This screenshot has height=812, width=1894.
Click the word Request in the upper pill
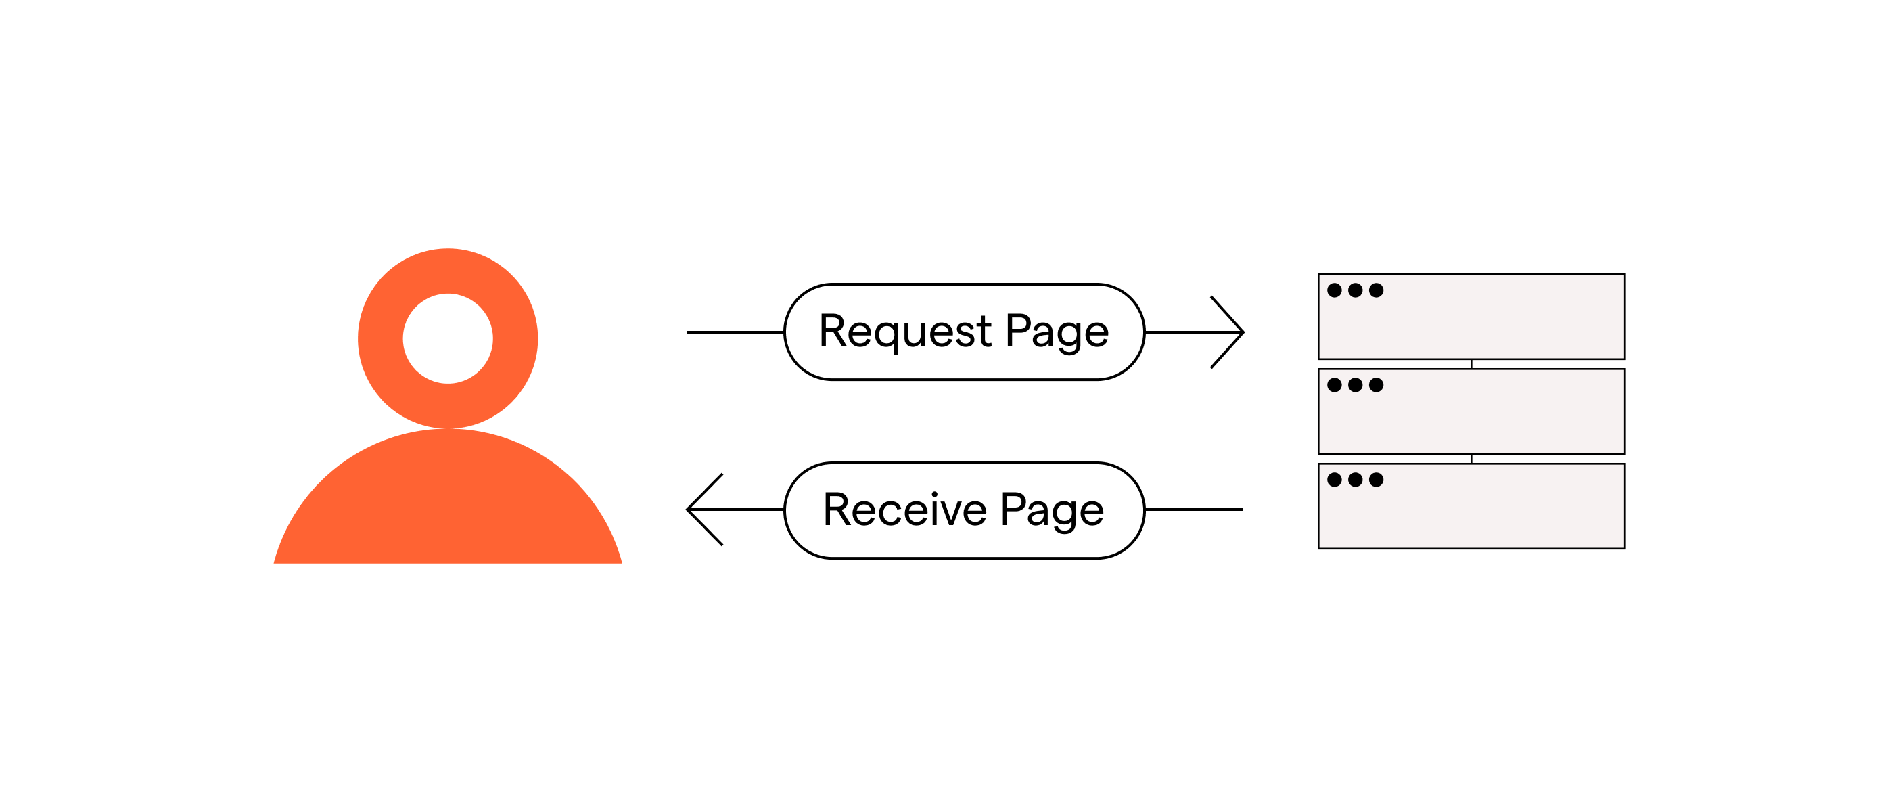tap(905, 332)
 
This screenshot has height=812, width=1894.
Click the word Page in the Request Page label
tap(1057, 332)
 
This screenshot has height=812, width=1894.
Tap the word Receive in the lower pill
tap(905, 509)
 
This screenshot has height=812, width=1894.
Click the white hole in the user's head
tap(448, 338)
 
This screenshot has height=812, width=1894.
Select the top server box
tap(1471, 317)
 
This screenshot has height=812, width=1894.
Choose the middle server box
tap(1471, 411)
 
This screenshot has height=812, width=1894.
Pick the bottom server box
tap(1471, 506)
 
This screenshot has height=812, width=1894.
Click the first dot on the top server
tap(1335, 290)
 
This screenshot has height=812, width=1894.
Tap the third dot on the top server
tap(1377, 290)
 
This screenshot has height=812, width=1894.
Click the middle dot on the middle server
tap(1355, 384)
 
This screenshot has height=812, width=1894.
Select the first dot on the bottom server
tap(1335, 480)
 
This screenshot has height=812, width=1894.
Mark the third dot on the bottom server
tap(1377, 480)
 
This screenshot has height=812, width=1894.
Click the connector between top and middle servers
tap(1471, 364)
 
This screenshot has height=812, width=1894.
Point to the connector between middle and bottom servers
tap(1471, 459)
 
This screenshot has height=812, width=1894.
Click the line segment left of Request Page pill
tap(736, 332)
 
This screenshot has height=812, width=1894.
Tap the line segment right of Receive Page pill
tap(1194, 509)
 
